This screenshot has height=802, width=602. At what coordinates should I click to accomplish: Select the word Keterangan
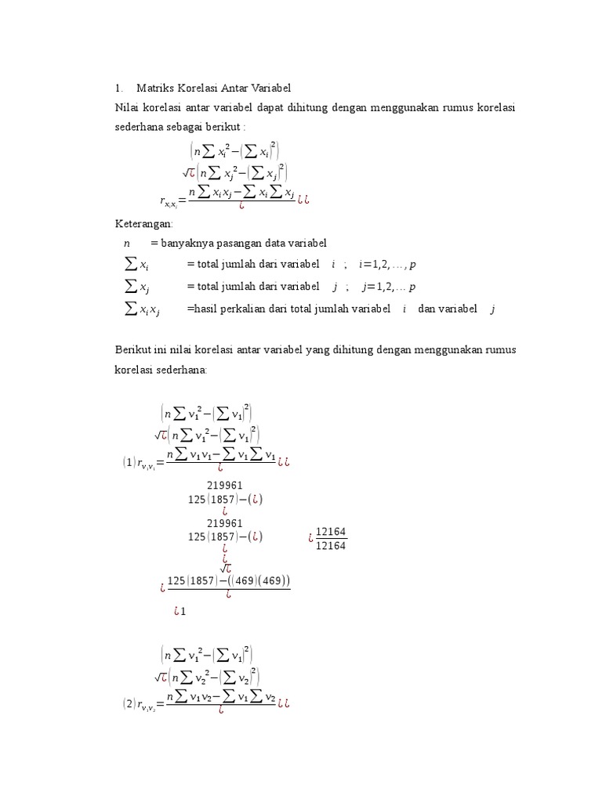click(143, 223)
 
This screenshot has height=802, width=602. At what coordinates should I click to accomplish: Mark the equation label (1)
click(129, 463)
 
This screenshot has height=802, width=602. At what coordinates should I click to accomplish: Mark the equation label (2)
click(129, 703)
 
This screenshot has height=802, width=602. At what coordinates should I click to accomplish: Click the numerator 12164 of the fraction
click(331, 532)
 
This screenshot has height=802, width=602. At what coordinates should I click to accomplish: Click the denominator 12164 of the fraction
click(331, 546)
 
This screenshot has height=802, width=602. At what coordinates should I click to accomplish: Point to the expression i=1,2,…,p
click(387, 265)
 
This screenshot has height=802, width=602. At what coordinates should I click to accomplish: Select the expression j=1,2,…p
click(388, 287)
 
